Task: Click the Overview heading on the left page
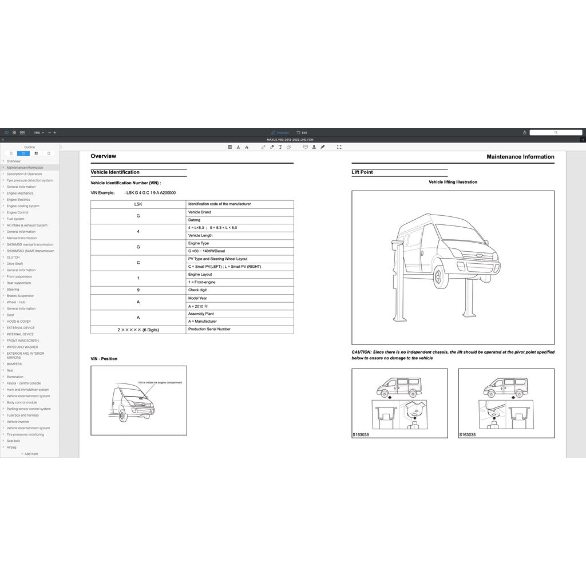point(104,156)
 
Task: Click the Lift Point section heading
point(362,172)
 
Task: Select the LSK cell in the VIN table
point(138,204)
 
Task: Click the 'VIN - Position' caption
point(104,359)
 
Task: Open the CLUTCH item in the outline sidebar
point(13,258)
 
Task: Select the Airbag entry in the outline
point(11,448)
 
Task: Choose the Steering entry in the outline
point(13,290)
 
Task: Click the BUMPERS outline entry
point(14,364)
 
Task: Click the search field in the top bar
point(555,132)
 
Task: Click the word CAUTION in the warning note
point(362,352)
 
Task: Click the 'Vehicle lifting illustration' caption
point(453,182)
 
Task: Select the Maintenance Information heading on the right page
point(520,157)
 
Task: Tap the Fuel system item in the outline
point(15,219)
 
